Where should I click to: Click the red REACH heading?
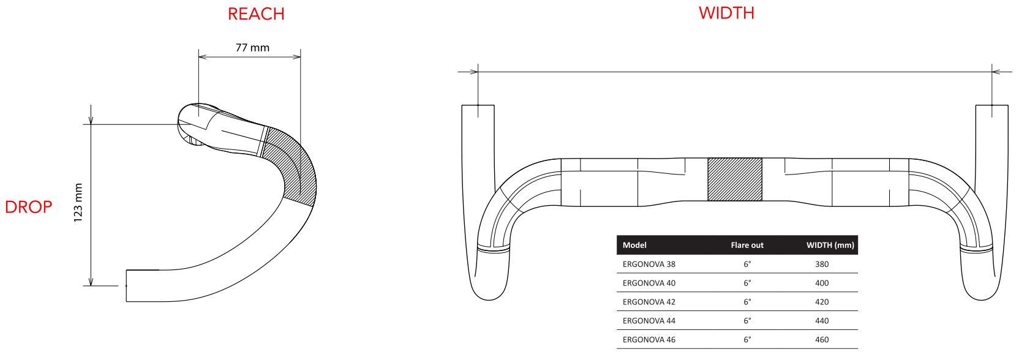tap(256, 14)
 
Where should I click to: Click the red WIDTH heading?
tap(726, 13)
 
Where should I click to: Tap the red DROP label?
tap(29, 208)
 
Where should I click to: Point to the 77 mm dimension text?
tap(252, 48)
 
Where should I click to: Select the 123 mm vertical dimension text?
tap(78, 203)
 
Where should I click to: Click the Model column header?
tap(634, 245)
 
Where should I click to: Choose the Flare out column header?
tap(747, 245)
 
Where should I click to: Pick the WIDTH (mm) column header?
tap(830, 245)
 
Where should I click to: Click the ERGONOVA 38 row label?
tap(649, 264)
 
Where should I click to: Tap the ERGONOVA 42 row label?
tap(649, 302)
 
